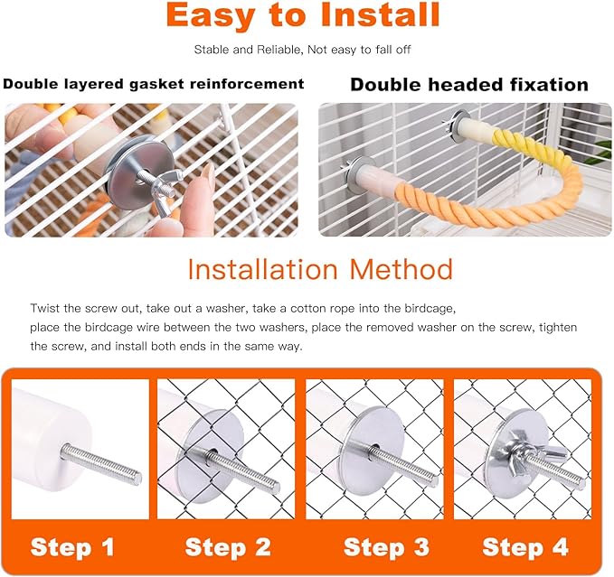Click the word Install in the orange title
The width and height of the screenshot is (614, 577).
pyautogui.click(x=380, y=15)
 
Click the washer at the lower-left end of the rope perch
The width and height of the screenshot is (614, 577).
pyautogui.click(x=358, y=174)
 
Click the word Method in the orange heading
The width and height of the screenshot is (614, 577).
pyautogui.click(x=401, y=269)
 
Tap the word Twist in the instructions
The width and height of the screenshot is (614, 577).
pyautogui.click(x=45, y=308)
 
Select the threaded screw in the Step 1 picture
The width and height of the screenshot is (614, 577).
pyautogui.click(x=101, y=465)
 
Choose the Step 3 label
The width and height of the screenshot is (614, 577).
pyautogui.click(x=386, y=547)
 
